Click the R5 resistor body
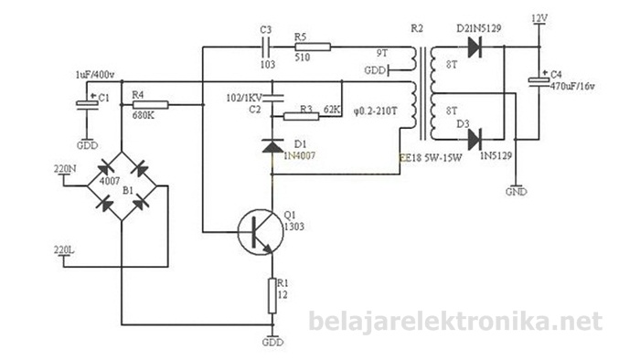304,47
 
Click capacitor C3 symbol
266,46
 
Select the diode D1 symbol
272,144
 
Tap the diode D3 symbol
474,139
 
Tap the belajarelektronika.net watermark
454,322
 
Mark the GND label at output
517,193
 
